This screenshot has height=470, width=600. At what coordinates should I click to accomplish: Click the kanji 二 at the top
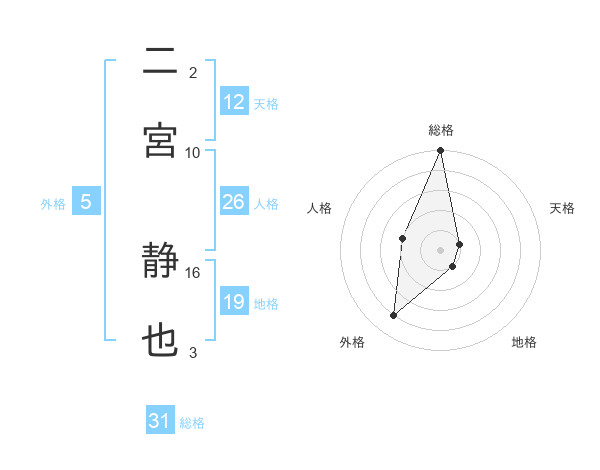click(x=160, y=62)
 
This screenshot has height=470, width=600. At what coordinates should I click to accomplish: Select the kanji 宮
click(x=160, y=140)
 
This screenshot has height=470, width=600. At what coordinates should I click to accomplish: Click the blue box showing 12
click(x=234, y=102)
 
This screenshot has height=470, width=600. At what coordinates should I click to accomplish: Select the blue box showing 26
click(x=234, y=203)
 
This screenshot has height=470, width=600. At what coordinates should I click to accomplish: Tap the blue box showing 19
click(x=234, y=302)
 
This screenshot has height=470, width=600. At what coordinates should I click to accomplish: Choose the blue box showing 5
click(x=86, y=203)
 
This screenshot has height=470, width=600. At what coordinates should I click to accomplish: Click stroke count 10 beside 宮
click(x=193, y=152)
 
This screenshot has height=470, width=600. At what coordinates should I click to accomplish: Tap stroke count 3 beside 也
click(x=193, y=352)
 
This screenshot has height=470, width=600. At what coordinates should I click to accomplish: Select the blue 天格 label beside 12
click(x=266, y=103)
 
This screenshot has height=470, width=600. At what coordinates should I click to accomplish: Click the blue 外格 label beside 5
click(x=53, y=204)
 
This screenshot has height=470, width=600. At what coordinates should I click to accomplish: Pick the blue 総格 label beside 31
click(x=192, y=423)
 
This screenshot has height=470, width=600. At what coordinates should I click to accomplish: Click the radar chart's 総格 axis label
click(x=441, y=130)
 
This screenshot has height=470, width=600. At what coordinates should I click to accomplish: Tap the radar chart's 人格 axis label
click(x=319, y=208)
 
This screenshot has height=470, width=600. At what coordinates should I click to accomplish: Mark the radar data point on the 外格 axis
click(x=394, y=316)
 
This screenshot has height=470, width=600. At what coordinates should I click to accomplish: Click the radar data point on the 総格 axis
click(x=441, y=151)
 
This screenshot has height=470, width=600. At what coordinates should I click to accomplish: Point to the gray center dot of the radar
click(x=441, y=250)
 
